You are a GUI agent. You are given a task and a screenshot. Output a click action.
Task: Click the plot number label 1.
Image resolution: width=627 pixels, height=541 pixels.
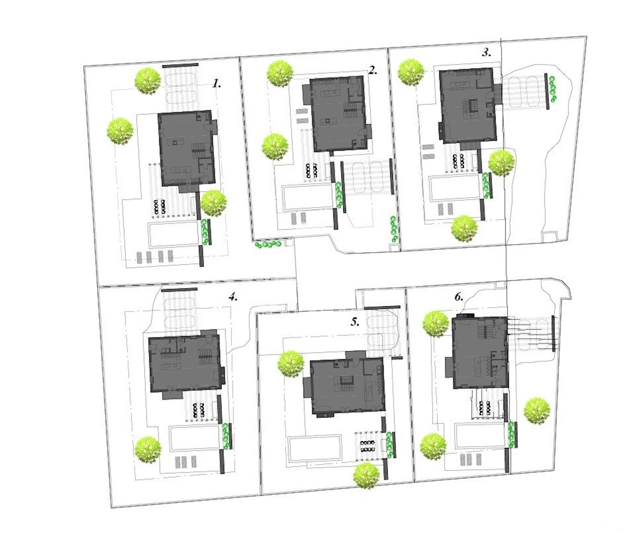click(x=217, y=84)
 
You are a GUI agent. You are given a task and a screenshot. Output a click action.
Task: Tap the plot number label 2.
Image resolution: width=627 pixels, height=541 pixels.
click(x=373, y=71)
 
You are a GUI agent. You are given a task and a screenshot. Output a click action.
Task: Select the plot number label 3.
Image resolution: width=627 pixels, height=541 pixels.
click(x=486, y=52)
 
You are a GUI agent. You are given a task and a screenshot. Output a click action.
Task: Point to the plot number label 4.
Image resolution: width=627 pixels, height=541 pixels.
click(x=233, y=297)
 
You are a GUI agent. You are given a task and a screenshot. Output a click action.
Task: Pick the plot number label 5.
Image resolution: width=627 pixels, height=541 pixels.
click(x=355, y=322)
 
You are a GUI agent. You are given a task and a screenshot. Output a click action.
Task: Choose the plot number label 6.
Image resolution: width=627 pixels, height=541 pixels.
click(x=459, y=297)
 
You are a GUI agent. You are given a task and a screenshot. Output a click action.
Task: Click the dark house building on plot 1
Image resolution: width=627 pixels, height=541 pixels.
click(x=186, y=148)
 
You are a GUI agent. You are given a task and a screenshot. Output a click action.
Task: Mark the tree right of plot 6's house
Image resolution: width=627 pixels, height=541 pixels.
click(x=537, y=410)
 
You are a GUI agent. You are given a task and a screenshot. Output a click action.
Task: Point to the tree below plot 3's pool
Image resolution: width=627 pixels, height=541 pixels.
click(x=464, y=228)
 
